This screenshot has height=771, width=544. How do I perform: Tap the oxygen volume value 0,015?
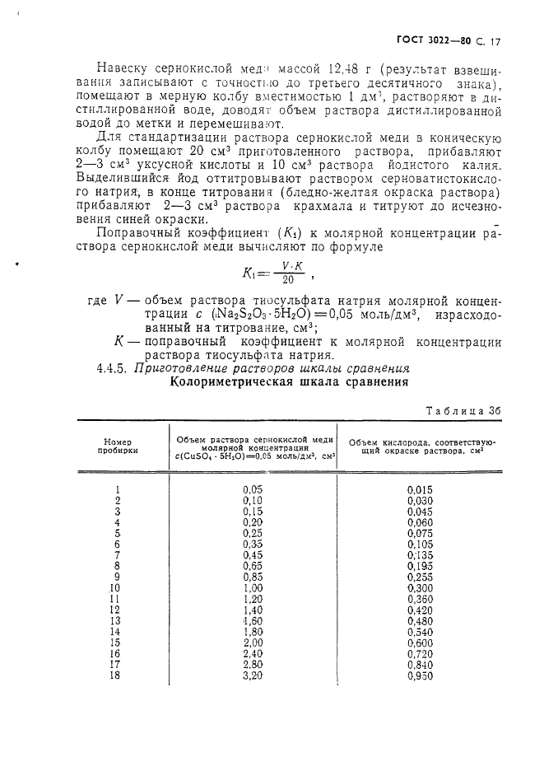point(420,489)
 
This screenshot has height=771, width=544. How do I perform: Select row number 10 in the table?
point(115,587)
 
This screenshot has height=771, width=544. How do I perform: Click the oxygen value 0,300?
point(420,587)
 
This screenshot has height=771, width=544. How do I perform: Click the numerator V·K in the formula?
point(286,265)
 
